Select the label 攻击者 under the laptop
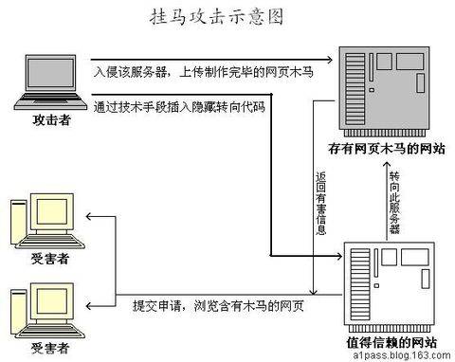(46, 121)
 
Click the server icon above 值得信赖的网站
(390, 283)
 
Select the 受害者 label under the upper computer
(43, 258)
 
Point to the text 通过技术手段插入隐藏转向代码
(179, 106)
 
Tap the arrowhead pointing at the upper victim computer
(88, 217)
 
